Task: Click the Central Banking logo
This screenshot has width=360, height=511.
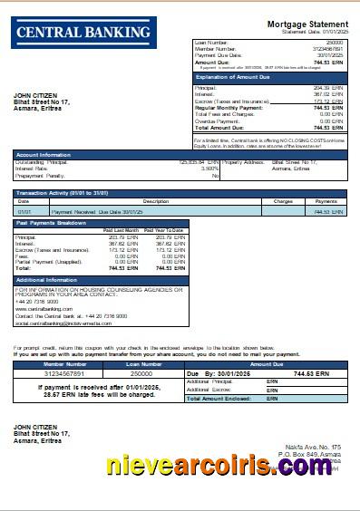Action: (x=83, y=33)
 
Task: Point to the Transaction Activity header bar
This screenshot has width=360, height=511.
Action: (x=179, y=193)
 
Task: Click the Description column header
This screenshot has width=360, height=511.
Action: (x=156, y=201)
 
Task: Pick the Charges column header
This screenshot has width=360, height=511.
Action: (x=283, y=201)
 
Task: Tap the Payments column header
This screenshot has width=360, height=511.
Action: (x=326, y=201)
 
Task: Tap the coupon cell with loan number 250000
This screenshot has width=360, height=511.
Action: (x=141, y=372)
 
